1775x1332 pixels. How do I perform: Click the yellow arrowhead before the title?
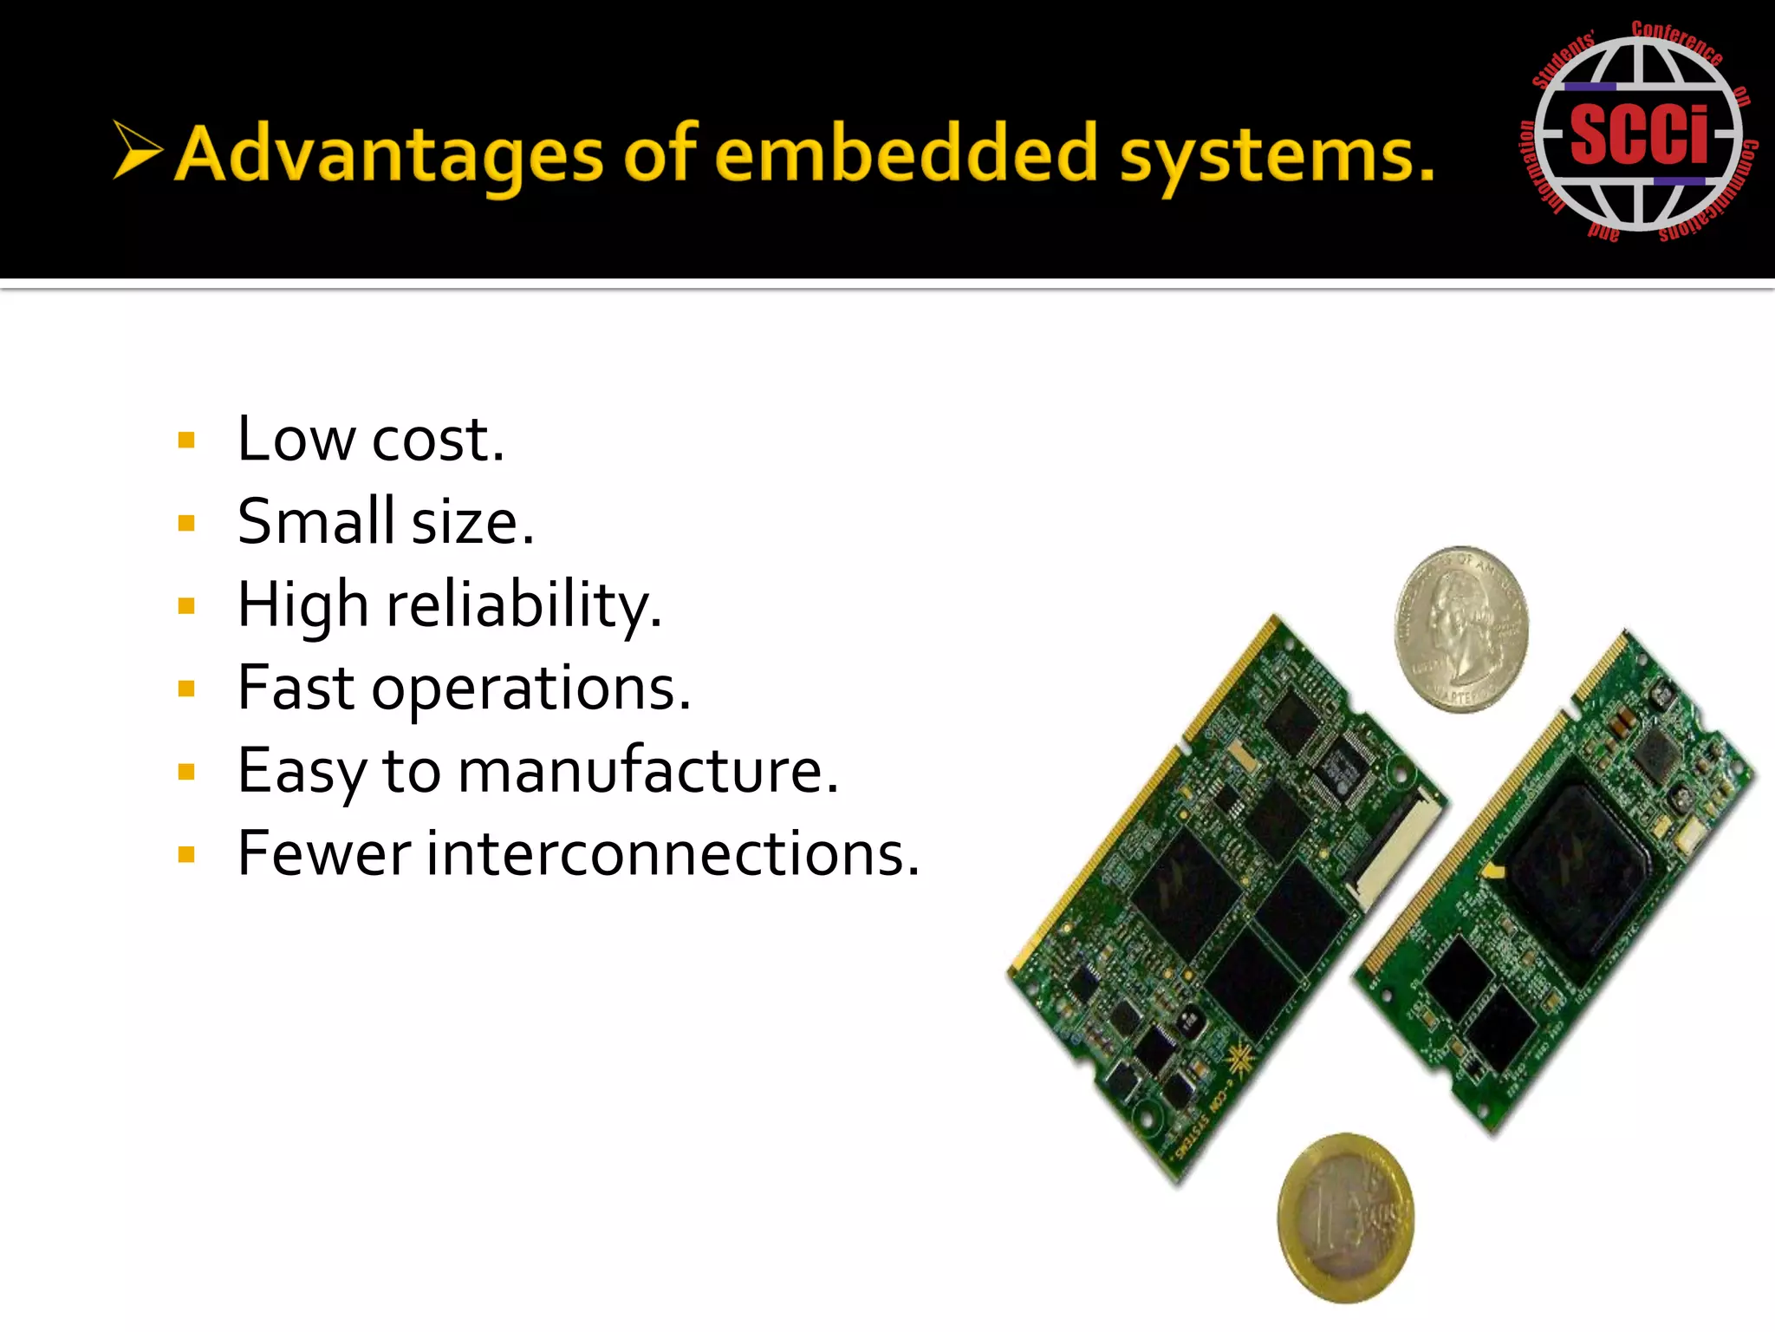click(x=137, y=150)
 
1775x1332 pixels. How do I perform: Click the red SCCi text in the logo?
click(x=1639, y=134)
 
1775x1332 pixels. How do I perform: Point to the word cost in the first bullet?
click(x=438, y=439)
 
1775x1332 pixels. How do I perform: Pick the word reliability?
click(x=524, y=604)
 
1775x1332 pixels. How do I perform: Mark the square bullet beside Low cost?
click(x=186, y=441)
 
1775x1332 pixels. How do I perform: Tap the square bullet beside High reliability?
click(x=186, y=605)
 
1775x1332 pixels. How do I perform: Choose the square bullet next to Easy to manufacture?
click(x=186, y=772)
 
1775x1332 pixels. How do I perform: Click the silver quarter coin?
click(x=1461, y=629)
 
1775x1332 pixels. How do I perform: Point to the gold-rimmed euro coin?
click(x=1346, y=1218)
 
